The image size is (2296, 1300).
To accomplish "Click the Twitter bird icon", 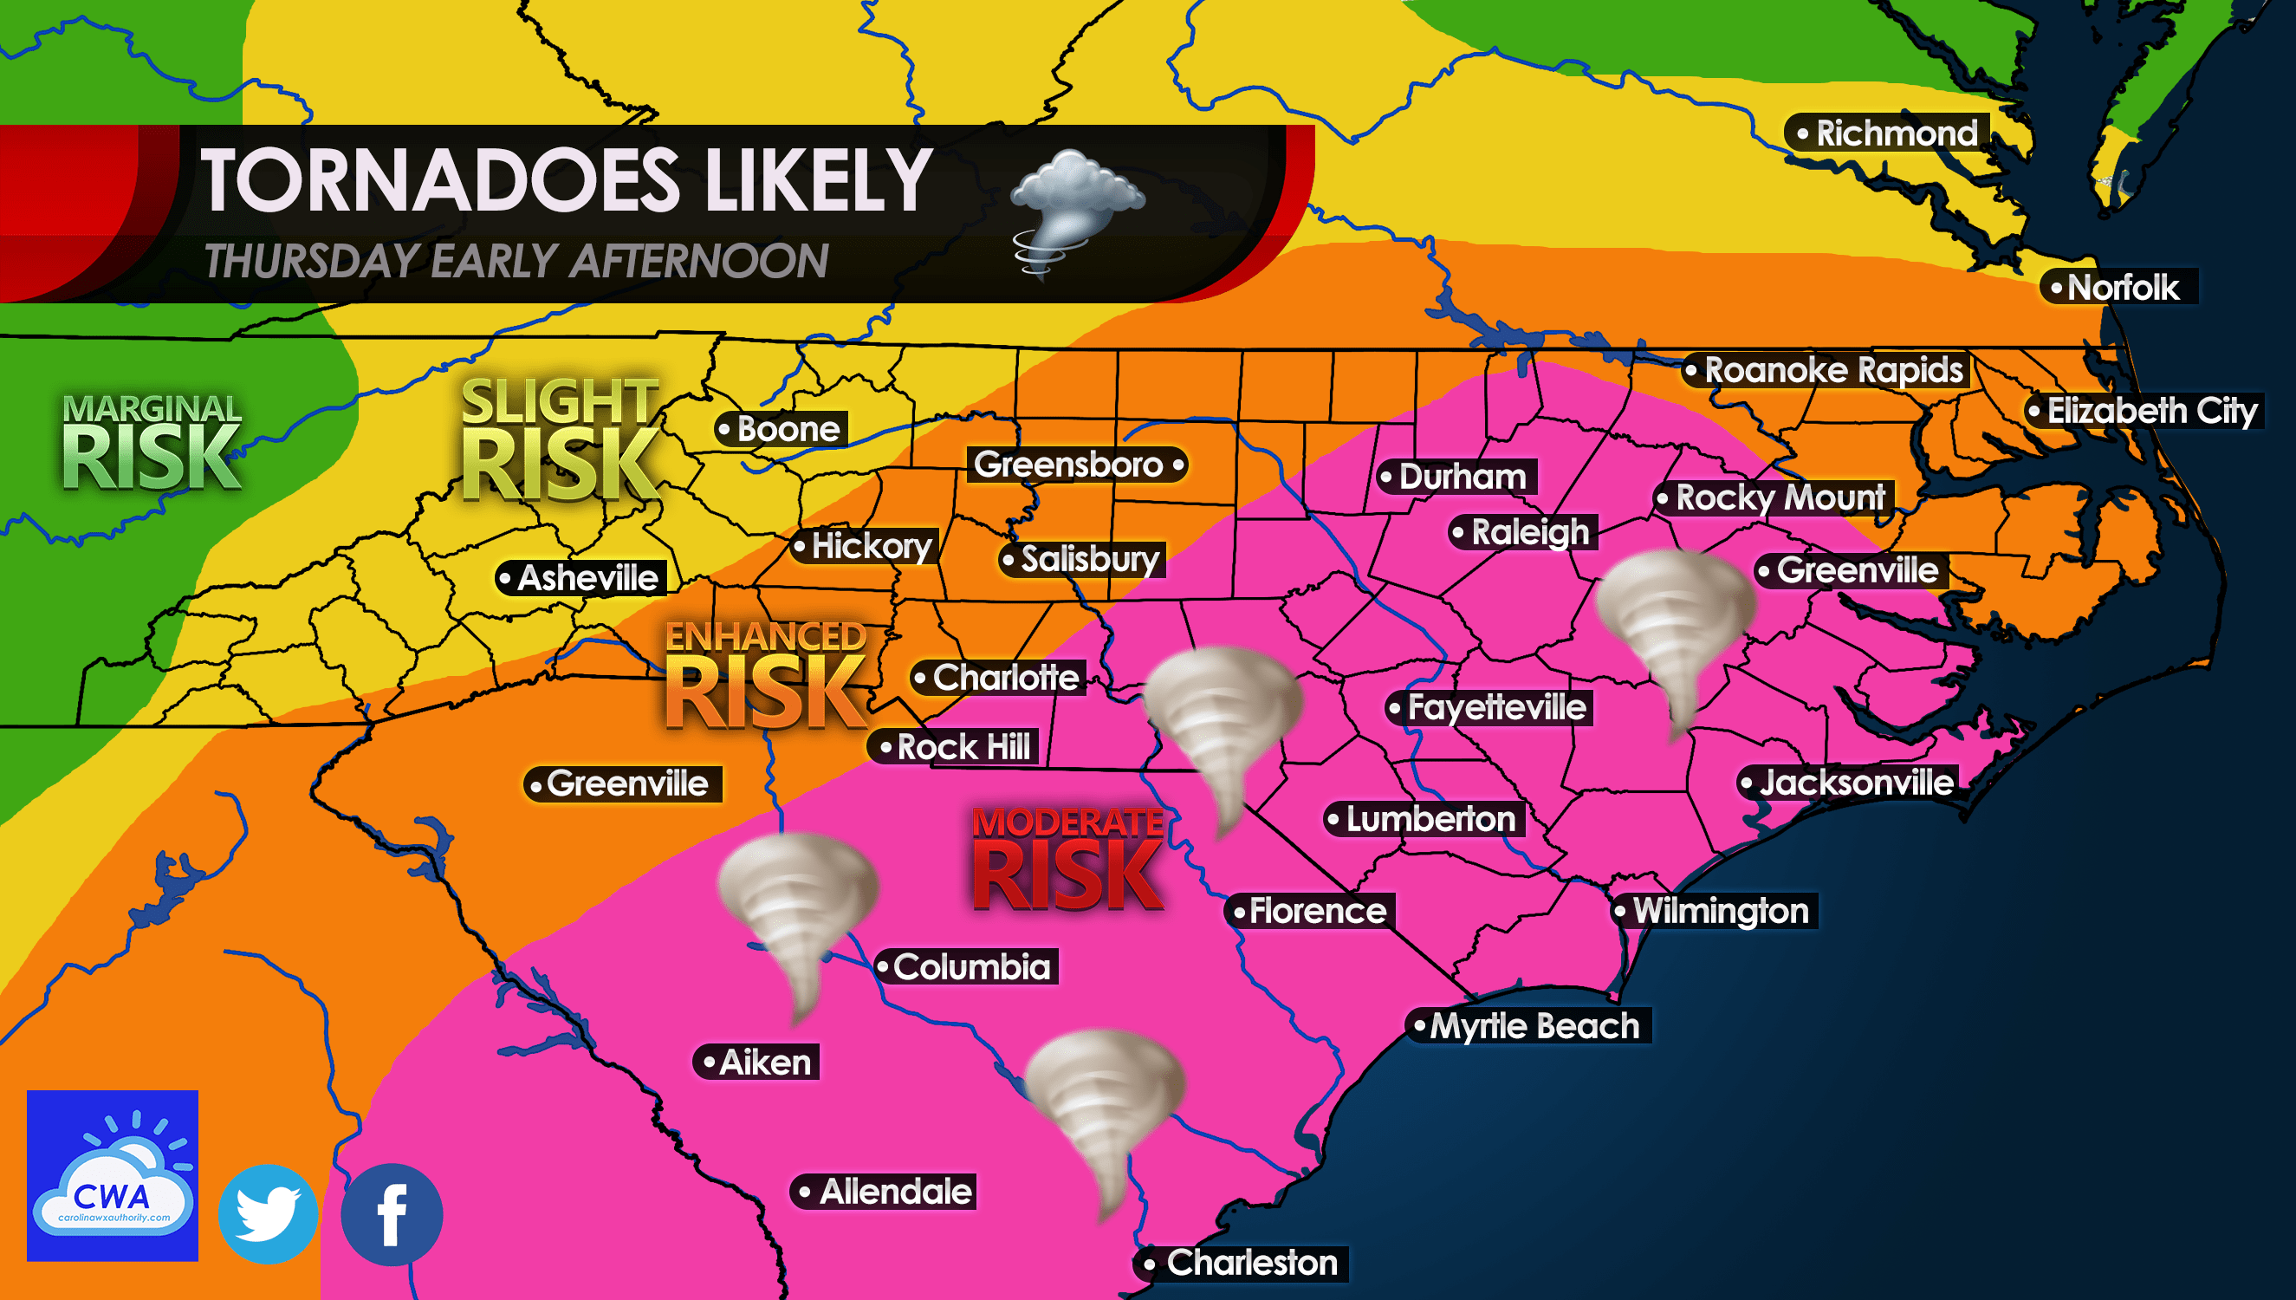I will click(268, 1213).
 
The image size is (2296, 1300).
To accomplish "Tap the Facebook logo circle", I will click(392, 1214).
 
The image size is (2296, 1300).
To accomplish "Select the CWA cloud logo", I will click(113, 1175).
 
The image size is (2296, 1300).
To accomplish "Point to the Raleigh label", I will click(1522, 533).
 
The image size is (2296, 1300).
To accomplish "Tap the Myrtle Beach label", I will click(1527, 1026).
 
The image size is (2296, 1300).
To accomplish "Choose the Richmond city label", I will click(1888, 134).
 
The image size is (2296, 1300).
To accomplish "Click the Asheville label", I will click(580, 578).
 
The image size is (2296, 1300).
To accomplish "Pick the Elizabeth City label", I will click(2144, 411).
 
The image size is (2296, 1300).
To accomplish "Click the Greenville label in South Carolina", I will click(622, 784).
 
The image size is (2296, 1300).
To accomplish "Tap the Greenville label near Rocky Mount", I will click(1850, 570).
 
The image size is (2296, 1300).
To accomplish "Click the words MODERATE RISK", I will click(1068, 858).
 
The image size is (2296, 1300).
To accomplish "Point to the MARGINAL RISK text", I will click(152, 443).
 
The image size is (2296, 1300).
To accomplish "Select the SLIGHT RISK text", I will click(561, 439).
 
